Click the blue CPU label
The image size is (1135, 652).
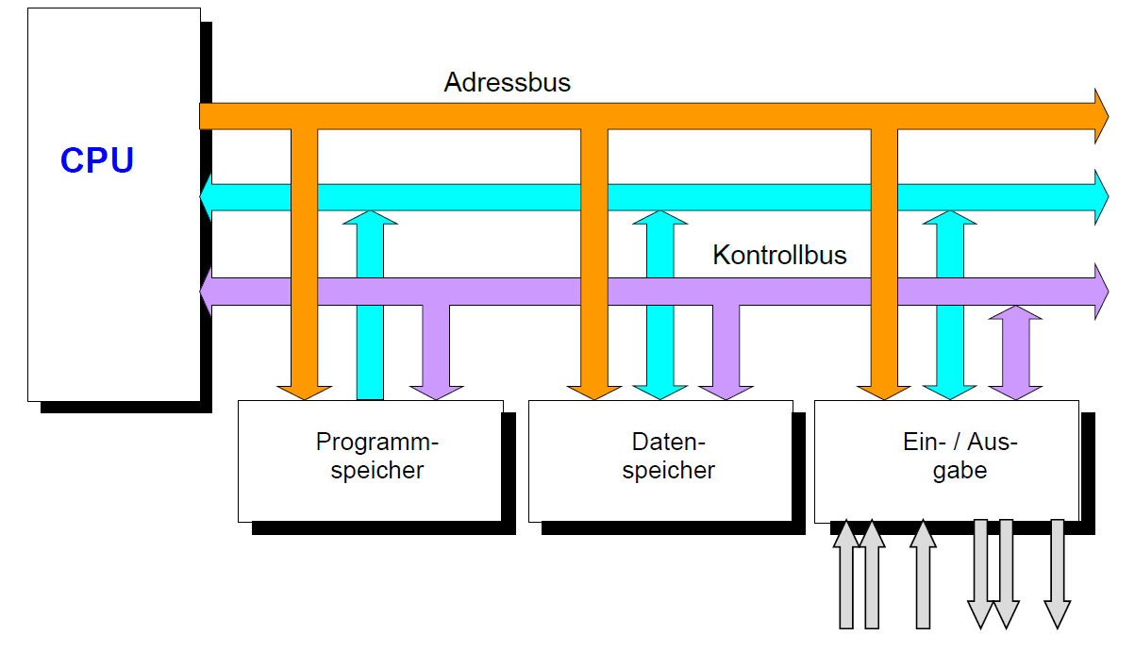pos(97,160)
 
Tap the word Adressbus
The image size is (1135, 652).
pos(508,82)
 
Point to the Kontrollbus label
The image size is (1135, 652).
pos(779,255)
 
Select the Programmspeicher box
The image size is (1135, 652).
pos(370,460)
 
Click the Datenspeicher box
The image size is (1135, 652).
pos(660,460)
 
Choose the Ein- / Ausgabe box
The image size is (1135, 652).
pos(946,460)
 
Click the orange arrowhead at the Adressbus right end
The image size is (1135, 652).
pos(1100,116)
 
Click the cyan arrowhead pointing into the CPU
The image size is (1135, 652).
pos(208,196)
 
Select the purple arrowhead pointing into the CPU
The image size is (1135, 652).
pos(208,292)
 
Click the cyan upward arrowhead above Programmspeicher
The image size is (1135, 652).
pos(370,218)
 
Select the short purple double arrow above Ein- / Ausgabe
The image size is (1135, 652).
pos(1015,352)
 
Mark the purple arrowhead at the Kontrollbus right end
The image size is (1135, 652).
pos(1100,292)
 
